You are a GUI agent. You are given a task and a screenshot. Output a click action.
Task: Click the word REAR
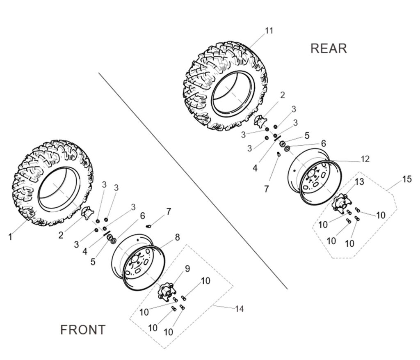point(329,48)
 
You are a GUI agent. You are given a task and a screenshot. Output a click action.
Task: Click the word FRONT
point(82,330)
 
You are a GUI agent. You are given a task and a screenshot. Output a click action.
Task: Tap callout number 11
point(269,31)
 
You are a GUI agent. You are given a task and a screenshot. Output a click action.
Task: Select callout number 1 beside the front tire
point(10,237)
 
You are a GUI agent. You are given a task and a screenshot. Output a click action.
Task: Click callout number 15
point(407,179)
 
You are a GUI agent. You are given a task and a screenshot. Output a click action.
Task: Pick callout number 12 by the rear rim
point(365,159)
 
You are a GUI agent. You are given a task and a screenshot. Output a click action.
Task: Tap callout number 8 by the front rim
point(177,237)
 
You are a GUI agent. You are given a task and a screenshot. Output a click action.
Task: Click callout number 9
point(187,269)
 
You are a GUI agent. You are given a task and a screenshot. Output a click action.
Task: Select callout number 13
point(359,182)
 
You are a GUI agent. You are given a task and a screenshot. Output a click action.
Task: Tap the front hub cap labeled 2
point(87,214)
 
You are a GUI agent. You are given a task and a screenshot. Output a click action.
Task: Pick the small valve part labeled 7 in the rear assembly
point(279,154)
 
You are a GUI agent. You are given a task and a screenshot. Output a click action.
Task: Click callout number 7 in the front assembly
point(168,212)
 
